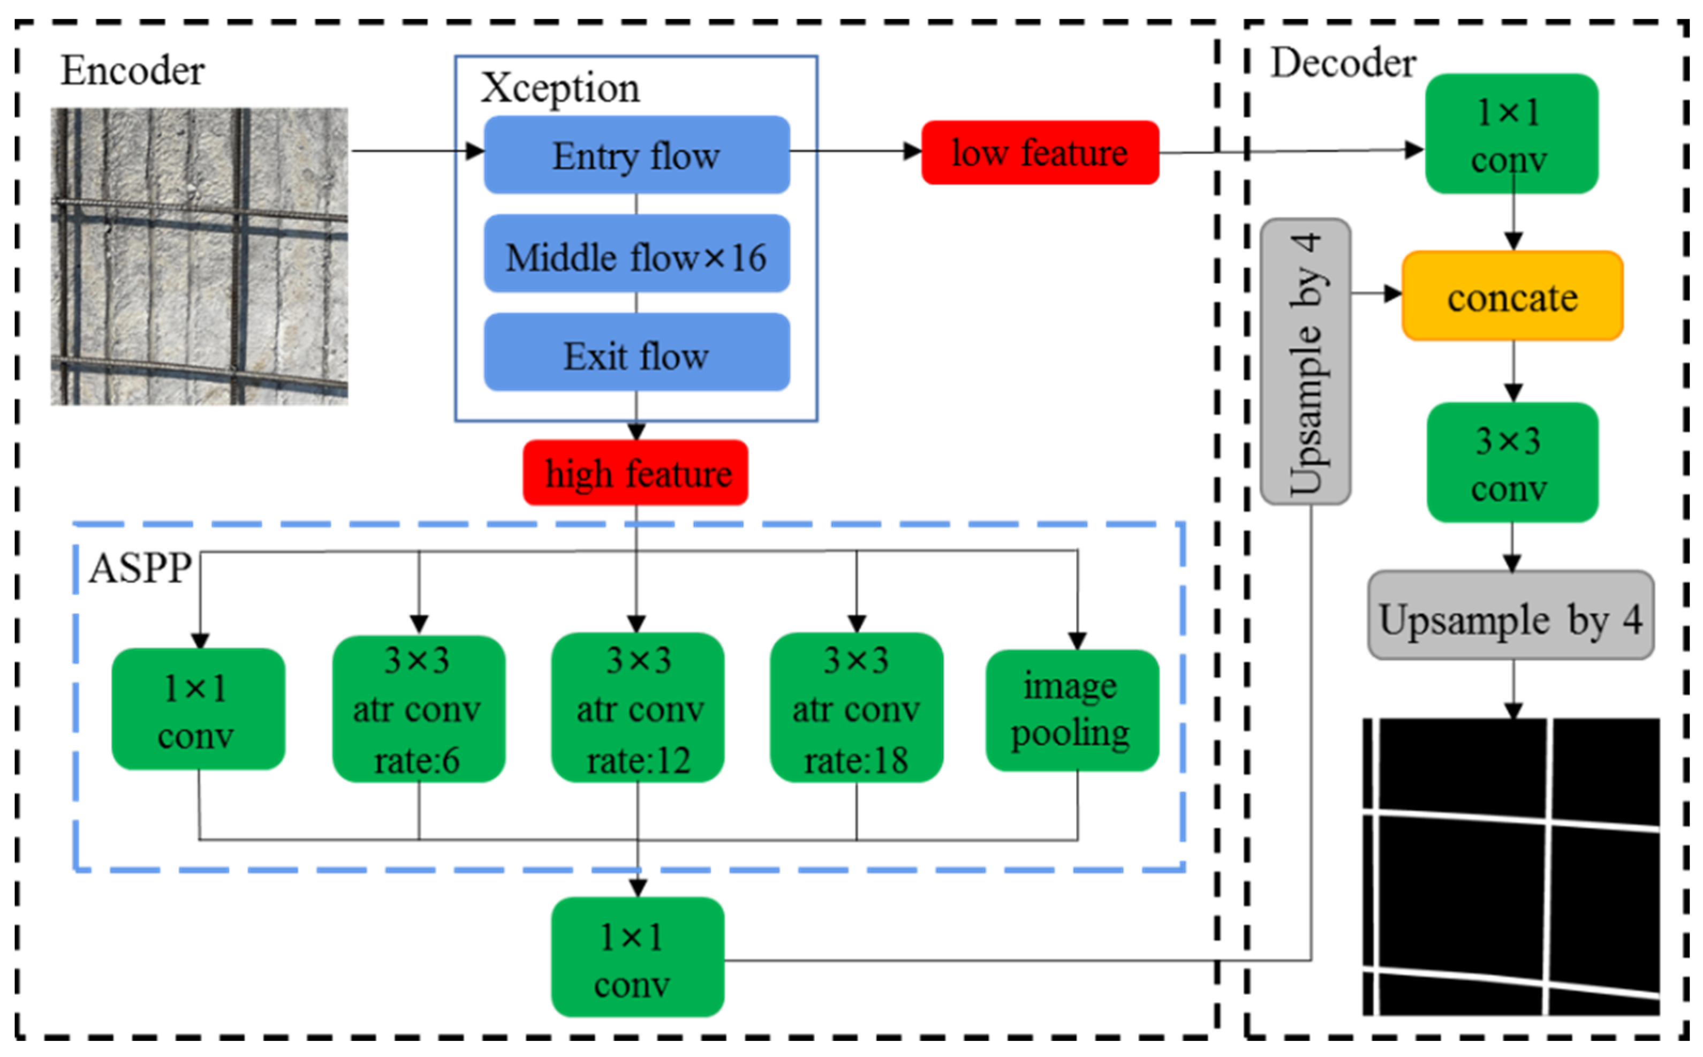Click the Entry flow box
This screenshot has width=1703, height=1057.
tap(636, 155)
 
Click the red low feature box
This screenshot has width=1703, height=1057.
tap(1039, 153)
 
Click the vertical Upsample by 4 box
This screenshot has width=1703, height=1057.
tap(1305, 361)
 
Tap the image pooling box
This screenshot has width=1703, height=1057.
tap(1071, 709)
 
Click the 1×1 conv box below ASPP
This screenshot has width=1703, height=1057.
tap(637, 956)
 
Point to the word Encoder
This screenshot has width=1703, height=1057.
tap(132, 71)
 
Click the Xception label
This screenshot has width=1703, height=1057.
tap(560, 88)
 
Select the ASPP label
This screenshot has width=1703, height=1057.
tap(140, 568)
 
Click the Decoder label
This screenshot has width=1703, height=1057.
tap(1342, 63)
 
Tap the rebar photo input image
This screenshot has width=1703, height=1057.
tap(199, 256)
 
